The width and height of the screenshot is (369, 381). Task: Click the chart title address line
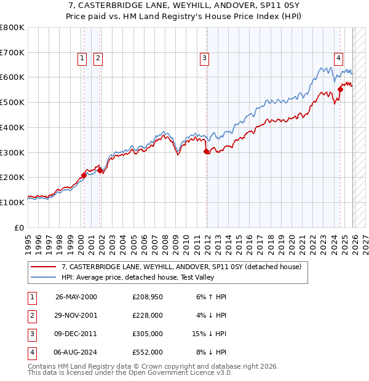pos(184,6)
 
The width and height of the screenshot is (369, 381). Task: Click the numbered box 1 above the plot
pos(82,58)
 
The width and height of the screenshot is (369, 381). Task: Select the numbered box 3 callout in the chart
pos(204,58)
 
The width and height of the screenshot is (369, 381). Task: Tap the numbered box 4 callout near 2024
pos(338,58)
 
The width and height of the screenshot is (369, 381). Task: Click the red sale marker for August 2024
pos(340,90)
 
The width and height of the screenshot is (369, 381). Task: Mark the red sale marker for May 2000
pos(84,175)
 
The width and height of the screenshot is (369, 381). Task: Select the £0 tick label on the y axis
pos(19,227)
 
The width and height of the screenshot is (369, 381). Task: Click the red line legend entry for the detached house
pos(181,267)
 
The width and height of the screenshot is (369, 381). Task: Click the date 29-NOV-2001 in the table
pos(76,315)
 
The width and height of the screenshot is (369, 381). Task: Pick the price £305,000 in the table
pos(147,334)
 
